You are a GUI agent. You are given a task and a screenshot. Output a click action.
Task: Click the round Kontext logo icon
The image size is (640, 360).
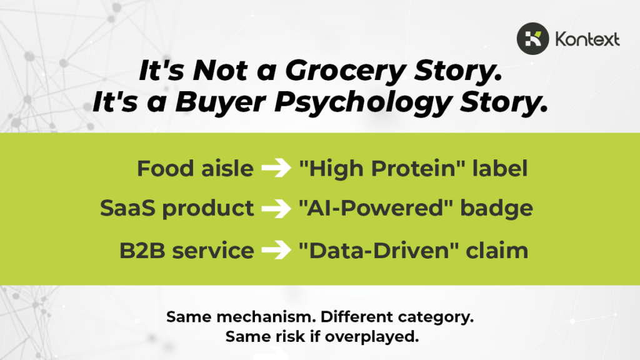[x=532, y=39]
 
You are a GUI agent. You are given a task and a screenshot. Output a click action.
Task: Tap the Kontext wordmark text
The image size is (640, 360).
[x=587, y=39]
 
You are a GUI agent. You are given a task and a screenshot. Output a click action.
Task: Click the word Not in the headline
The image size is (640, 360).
[x=220, y=70]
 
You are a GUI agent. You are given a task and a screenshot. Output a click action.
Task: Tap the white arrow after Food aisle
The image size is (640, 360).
[x=276, y=167]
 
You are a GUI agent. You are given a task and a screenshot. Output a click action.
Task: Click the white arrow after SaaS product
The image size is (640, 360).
[x=276, y=208]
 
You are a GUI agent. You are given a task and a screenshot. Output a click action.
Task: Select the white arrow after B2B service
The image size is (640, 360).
[x=276, y=250]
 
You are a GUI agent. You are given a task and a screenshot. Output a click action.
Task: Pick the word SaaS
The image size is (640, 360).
[x=127, y=208]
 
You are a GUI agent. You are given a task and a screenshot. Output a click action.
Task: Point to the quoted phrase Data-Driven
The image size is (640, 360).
[x=379, y=250]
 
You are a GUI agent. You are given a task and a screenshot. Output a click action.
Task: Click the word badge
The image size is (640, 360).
[x=496, y=209]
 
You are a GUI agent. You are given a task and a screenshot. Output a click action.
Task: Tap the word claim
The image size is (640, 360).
[x=497, y=250]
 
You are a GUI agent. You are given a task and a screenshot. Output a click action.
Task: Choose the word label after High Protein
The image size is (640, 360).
[x=500, y=167]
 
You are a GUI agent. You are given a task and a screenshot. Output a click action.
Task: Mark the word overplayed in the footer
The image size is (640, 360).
[x=372, y=337]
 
